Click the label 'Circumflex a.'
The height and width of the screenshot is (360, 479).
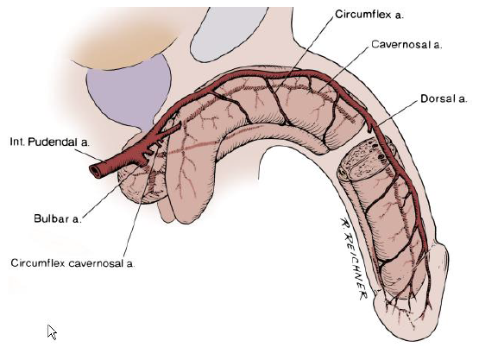[x=369, y=15]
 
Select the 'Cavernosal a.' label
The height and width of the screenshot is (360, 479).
[x=407, y=45]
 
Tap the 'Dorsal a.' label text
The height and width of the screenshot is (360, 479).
[x=444, y=98]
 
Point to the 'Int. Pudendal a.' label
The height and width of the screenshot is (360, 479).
[x=50, y=142]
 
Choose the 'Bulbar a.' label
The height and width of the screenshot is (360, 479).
[x=58, y=218]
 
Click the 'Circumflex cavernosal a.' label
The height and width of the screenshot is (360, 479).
[x=72, y=263]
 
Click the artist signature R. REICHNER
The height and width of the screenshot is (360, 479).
[x=353, y=258]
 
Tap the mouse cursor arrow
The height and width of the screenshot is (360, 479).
[x=52, y=332]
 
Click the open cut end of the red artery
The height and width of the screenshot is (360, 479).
[x=95, y=172]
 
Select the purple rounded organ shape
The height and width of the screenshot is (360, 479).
[x=129, y=92]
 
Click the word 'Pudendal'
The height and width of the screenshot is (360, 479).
[x=55, y=142]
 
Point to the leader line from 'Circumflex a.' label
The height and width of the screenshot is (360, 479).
[x=303, y=54]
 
